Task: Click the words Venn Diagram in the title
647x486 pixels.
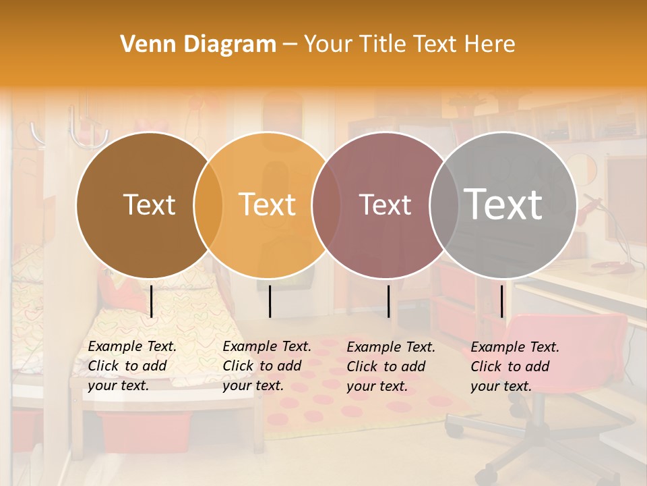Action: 198,45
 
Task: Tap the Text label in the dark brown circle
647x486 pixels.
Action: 149,205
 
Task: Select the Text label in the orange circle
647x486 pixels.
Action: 268,205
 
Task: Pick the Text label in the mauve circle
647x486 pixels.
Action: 385,205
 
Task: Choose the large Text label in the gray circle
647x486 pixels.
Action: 503,205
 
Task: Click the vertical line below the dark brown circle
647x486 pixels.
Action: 152,301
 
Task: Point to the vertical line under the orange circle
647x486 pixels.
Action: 270,301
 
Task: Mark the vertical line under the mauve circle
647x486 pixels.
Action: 389,301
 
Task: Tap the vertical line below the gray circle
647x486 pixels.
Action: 502,301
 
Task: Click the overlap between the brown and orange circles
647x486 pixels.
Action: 208,205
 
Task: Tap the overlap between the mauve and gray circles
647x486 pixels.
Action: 444,205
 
